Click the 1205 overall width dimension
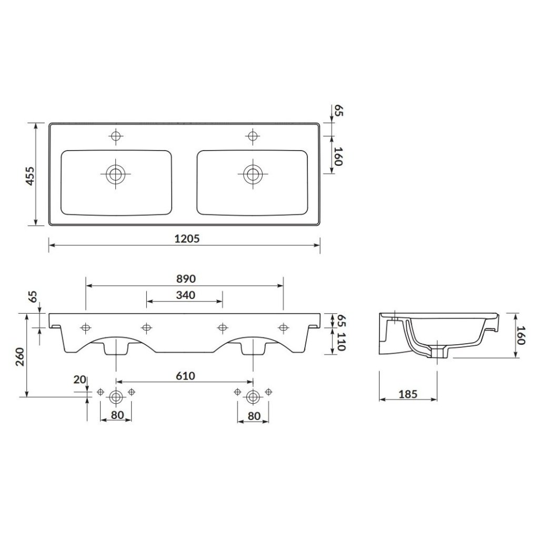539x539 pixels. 187,238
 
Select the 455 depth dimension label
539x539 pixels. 31,176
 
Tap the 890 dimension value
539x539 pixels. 186,279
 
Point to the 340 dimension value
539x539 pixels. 186,295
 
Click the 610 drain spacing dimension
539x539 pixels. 186,376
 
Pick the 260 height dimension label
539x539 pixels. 21,357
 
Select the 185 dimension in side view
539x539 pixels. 408,394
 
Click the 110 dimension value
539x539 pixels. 341,341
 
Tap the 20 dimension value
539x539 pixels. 79,380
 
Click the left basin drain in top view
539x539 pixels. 116,174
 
